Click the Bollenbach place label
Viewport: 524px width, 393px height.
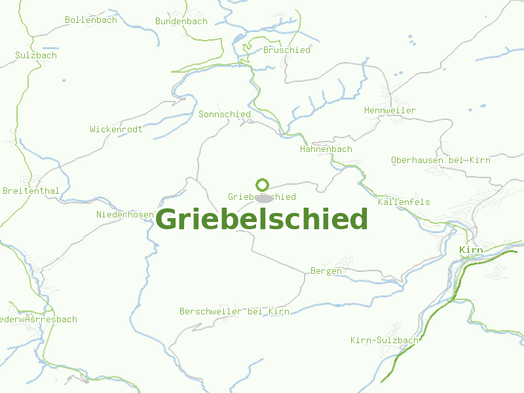click(x=90, y=20)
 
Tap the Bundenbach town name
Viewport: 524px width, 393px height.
click(x=181, y=21)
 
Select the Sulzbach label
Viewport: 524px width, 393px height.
click(x=36, y=55)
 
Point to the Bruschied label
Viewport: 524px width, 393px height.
click(x=286, y=50)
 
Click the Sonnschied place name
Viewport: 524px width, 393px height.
click(x=224, y=114)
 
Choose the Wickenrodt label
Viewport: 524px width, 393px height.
click(x=116, y=129)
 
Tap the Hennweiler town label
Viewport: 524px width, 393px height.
click(x=390, y=110)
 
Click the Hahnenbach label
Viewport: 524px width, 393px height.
click(x=326, y=149)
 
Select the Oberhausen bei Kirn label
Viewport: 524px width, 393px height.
click(x=440, y=160)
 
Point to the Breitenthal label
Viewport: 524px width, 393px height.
click(x=31, y=191)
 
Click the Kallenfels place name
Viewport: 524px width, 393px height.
click(x=403, y=202)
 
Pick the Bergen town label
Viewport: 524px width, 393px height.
click(x=326, y=271)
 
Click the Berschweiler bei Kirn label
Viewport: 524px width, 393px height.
click(x=234, y=311)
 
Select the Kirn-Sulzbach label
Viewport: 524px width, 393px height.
click(x=384, y=340)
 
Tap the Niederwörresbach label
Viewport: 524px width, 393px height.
click(x=38, y=319)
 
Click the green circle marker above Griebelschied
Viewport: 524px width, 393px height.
click(x=263, y=185)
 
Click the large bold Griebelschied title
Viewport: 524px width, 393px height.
click(x=262, y=219)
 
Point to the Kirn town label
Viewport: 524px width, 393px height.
click(x=471, y=250)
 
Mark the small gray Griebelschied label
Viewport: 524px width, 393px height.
click(x=261, y=196)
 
